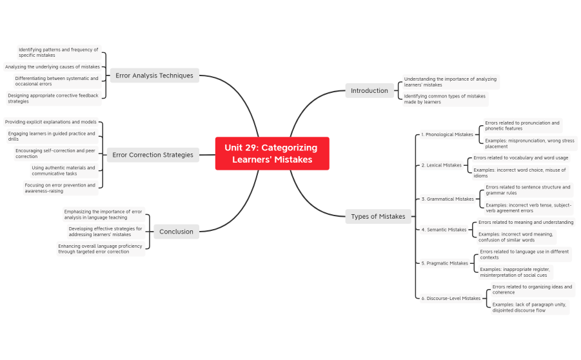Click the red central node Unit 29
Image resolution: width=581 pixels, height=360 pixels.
[271, 154]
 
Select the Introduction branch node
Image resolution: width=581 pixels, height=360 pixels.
[369, 91]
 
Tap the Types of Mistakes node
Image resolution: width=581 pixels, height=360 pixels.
[378, 217]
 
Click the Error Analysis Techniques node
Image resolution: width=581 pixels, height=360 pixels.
[154, 75]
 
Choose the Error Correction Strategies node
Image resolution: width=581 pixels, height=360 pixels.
[152, 155]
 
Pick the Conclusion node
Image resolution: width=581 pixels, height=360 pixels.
[176, 232]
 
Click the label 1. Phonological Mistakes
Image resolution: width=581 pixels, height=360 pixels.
[447, 135]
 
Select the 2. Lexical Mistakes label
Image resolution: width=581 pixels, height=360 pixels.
[441, 165]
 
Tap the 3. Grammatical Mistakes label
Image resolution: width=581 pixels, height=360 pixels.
[448, 199]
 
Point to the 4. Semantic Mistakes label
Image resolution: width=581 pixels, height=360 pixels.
[444, 230]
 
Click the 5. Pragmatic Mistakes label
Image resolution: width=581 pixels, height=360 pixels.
[444, 263]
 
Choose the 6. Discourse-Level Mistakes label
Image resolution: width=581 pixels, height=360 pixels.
[451, 299]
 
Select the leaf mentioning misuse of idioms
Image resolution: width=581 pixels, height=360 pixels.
[520, 173]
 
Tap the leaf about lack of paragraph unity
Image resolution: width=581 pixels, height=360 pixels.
[528, 307]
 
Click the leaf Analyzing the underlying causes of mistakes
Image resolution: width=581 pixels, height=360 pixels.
[52, 66]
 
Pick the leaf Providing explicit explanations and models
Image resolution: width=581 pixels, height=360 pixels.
[51, 122]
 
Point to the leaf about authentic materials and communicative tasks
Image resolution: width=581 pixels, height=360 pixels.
[63, 170]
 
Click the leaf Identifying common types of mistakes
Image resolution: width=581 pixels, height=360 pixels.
[444, 99]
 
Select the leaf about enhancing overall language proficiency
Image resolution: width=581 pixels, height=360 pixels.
[100, 248]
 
